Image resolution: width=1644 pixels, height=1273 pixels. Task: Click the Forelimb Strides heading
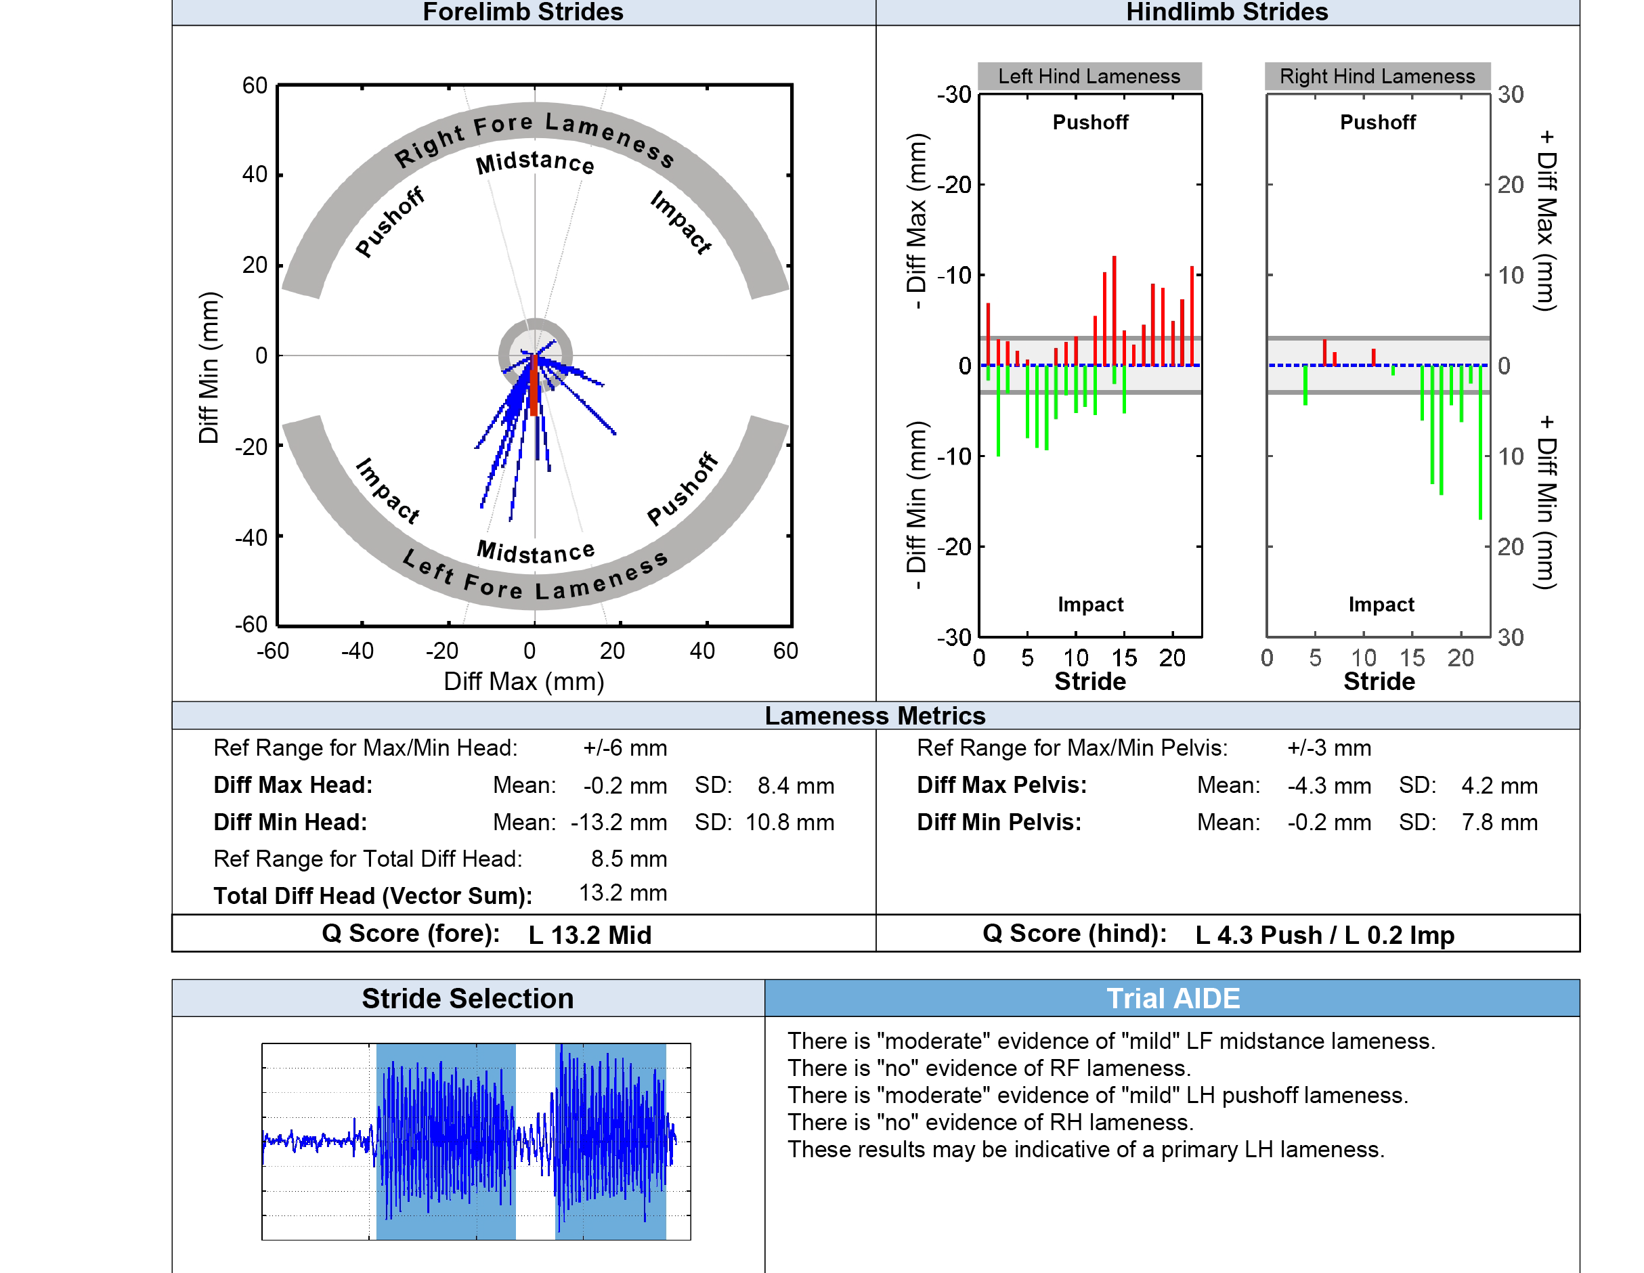point(523,12)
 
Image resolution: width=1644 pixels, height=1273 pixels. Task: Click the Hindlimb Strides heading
point(1226,12)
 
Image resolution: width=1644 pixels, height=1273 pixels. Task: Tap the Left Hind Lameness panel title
point(1089,76)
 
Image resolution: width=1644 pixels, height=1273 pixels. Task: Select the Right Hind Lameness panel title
point(1377,76)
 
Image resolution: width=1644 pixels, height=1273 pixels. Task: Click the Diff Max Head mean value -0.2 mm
point(625,785)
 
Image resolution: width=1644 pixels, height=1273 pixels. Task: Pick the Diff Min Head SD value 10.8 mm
point(789,822)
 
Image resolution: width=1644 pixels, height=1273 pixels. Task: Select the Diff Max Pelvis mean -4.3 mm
point(1328,785)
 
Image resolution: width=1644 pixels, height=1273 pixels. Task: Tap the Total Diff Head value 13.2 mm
point(622,893)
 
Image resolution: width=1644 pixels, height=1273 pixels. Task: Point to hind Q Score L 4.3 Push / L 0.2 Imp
point(1324,934)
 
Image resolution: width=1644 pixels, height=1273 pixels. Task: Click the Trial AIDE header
point(1172,998)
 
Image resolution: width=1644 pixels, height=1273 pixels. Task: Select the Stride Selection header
point(467,998)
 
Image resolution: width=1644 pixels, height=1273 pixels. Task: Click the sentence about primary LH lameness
point(1085,1150)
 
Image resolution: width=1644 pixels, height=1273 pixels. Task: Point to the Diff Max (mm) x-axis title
point(524,681)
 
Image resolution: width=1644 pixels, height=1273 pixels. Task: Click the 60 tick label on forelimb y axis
point(255,85)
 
